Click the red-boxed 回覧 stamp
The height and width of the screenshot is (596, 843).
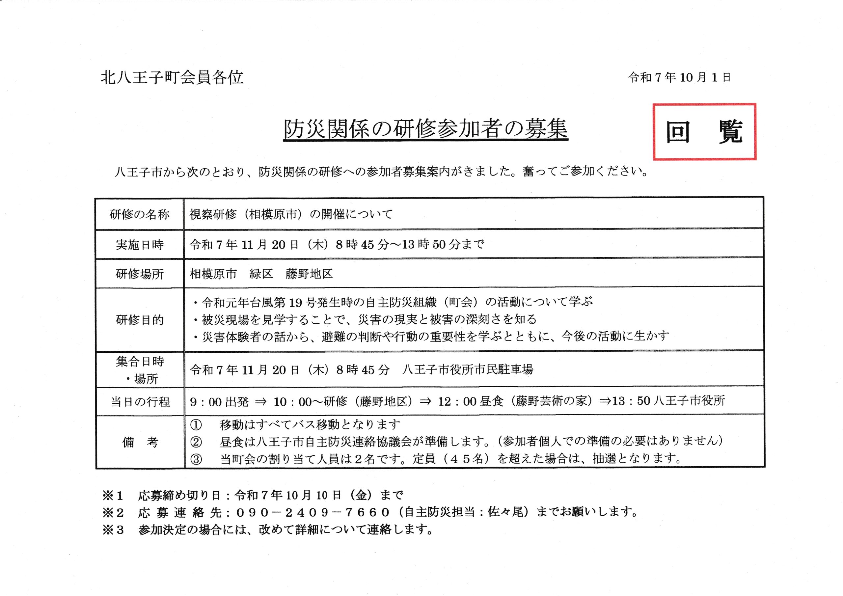pyautogui.click(x=704, y=131)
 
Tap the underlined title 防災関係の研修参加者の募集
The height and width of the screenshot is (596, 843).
pyautogui.click(x=425, y=129)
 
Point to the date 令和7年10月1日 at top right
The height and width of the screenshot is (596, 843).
pyautogui.click(x=679, y=77)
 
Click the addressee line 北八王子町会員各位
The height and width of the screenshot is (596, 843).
pyautogui.click(x=172, y=77)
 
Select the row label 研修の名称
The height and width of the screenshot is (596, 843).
pyautogui.click(x=140, y=214)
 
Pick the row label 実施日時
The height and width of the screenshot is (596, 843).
pyautogui.click(x=140, y=245)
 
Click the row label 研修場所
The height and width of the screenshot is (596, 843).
pyautogui.click(x=140, y=274)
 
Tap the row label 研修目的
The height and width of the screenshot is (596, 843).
pyautogui.click(x=140, y=320)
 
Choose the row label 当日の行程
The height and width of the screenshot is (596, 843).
pyautogui.click(x=140, y=402)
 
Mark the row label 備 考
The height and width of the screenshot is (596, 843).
pyautogui.click(x=140, y=442)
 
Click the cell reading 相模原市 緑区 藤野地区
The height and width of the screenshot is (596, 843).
pyautogui.click(x=261, y=274)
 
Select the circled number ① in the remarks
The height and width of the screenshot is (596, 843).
pyautogui.click(x=196, y=425)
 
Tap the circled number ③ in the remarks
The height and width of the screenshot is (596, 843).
pyautogui.click(x=196, y=459)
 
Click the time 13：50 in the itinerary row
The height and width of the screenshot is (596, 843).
pyautogui.click(x=631, y=401)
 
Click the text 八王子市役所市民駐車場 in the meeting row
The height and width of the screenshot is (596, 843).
pyautogui.click(x=467, y=369)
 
